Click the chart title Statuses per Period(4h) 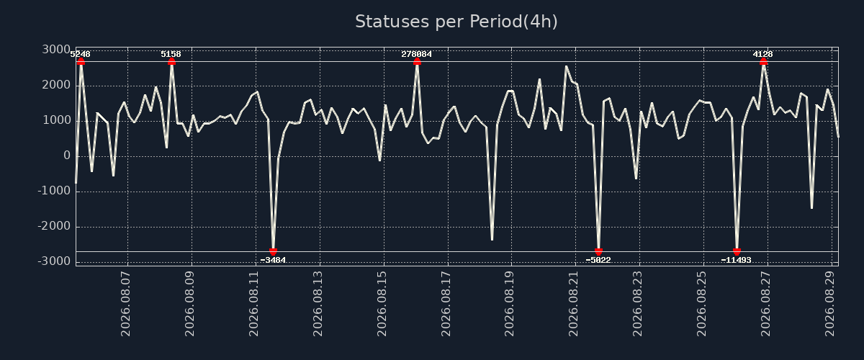(x=456, y=22)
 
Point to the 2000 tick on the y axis (x=56, y=85)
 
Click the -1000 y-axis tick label (x=55, y=191)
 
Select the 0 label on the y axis (x=67, y=156)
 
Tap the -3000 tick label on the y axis (x=55, y=261)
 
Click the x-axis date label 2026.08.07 (x=126, y=304)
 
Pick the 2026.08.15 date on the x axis (x=382, y=304)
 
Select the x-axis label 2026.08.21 (x=574, y=304)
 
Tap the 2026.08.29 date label (x=830, y=304)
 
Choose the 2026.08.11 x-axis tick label (x=253, y=304)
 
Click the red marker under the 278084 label (x=417, y=62)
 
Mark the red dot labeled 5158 (x=171, y=62)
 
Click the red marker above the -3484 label (x=273, y=251)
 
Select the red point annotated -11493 (x=737, y=251)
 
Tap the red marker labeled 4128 (x=763, y=62)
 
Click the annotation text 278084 (x=417, y=55)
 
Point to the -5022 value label (x=598, y=260)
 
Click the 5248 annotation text (x=80, y=55)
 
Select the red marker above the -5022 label (x=598, y=251)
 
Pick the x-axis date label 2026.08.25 (x=701, y=304)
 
